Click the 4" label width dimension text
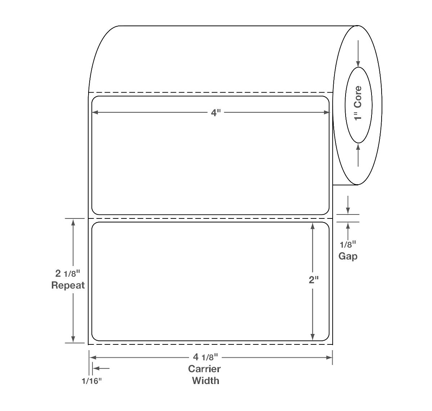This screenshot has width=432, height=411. click(x=215, y=113)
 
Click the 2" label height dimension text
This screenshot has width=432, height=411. click(x=314, y=280)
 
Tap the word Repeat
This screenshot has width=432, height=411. click(x=68, y=285)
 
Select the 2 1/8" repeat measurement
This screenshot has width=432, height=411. click(x=68, y=274)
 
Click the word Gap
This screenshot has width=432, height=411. click(x=348, y=256)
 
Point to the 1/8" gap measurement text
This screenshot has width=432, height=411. click(x=348, y=244)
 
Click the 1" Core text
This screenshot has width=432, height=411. click(x=358, y=103)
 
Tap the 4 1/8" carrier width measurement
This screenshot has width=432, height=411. click(x=206, y=357)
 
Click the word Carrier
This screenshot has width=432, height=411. click(x=204, y=369)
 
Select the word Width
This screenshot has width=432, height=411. click(x=206, y=381)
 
